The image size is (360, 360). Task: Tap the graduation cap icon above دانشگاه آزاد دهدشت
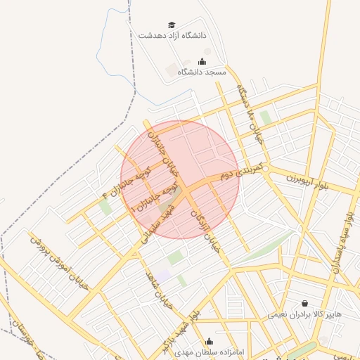pos(173,24)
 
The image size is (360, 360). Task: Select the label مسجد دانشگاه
pos(202,72)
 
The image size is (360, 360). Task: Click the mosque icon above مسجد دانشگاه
pos(202,61)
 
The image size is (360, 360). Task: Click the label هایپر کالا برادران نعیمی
pos(304,314)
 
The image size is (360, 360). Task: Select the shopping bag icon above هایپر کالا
pos(304,303)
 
